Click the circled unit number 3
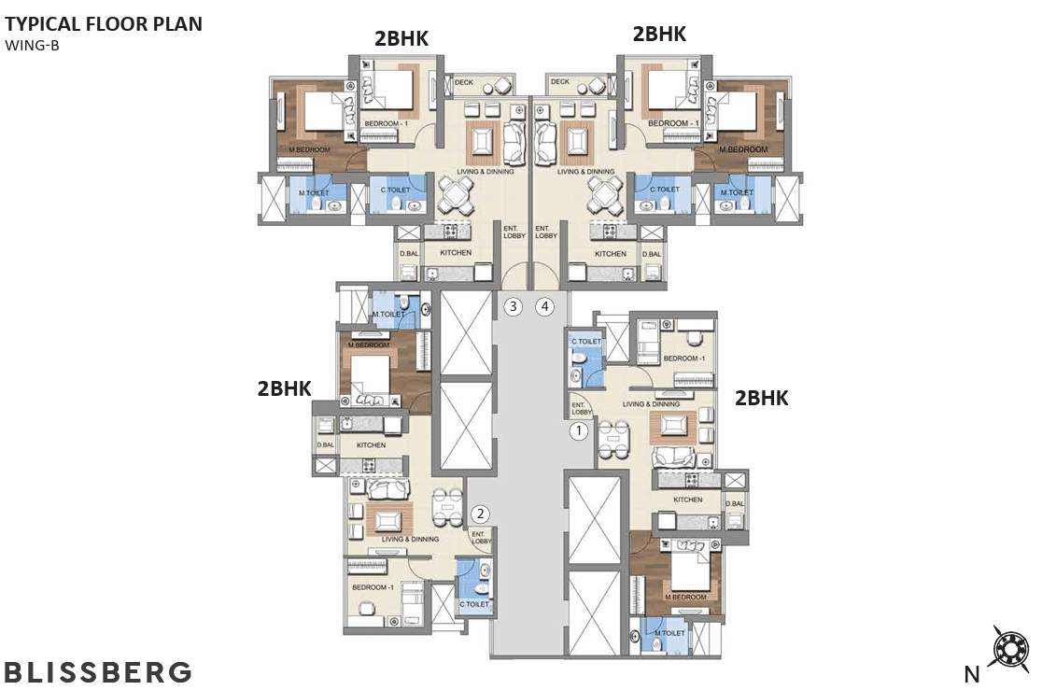(x=512, y=305)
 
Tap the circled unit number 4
(x=544, y=305)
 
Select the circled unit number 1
(x=580, y=430)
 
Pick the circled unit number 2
(x=481, y=513)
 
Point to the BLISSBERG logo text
(x=98, y=671)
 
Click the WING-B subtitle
(x=32, y=45)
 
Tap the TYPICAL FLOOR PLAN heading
(x=104, y=24)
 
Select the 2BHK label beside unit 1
(x=762, y=398)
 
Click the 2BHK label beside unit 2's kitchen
(x=284, y=389)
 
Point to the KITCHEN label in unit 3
(x=457, y=253)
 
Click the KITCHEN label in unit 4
(x=611, y=253)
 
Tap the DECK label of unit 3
(x=464, y=82)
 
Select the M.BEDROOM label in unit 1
(x=684, y=597)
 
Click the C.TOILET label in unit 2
(x=473, y=604)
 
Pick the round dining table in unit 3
(x=458, y=196)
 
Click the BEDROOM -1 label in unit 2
(x=370, y=587)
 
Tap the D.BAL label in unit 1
(x=736, y=504)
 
